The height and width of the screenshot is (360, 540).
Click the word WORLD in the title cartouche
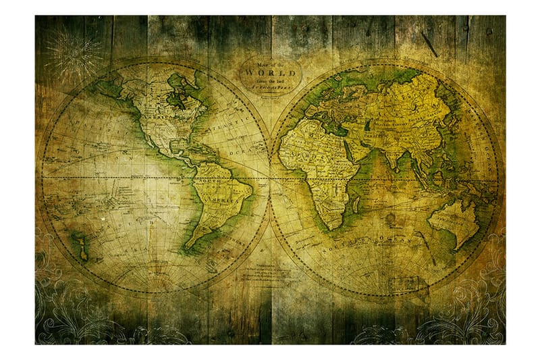click(x=270, y=70)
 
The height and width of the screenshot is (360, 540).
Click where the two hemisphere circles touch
click(x=270, y=178)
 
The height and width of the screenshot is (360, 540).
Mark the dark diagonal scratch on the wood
click(x=429, y=44)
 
